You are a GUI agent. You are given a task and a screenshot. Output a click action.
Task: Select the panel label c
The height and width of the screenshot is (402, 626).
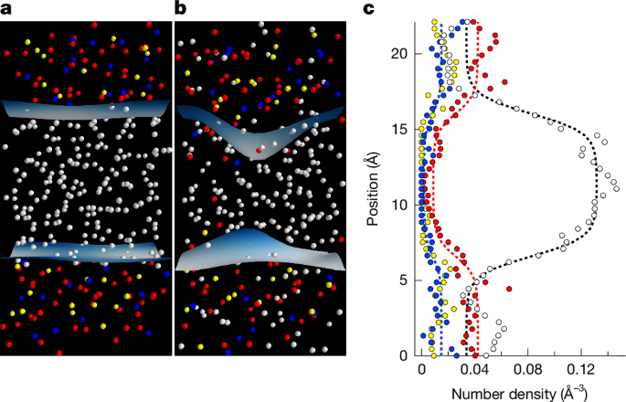click(x=369, y=9)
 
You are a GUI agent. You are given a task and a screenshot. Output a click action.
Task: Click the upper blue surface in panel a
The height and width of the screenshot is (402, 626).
click(x=87, y=109)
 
